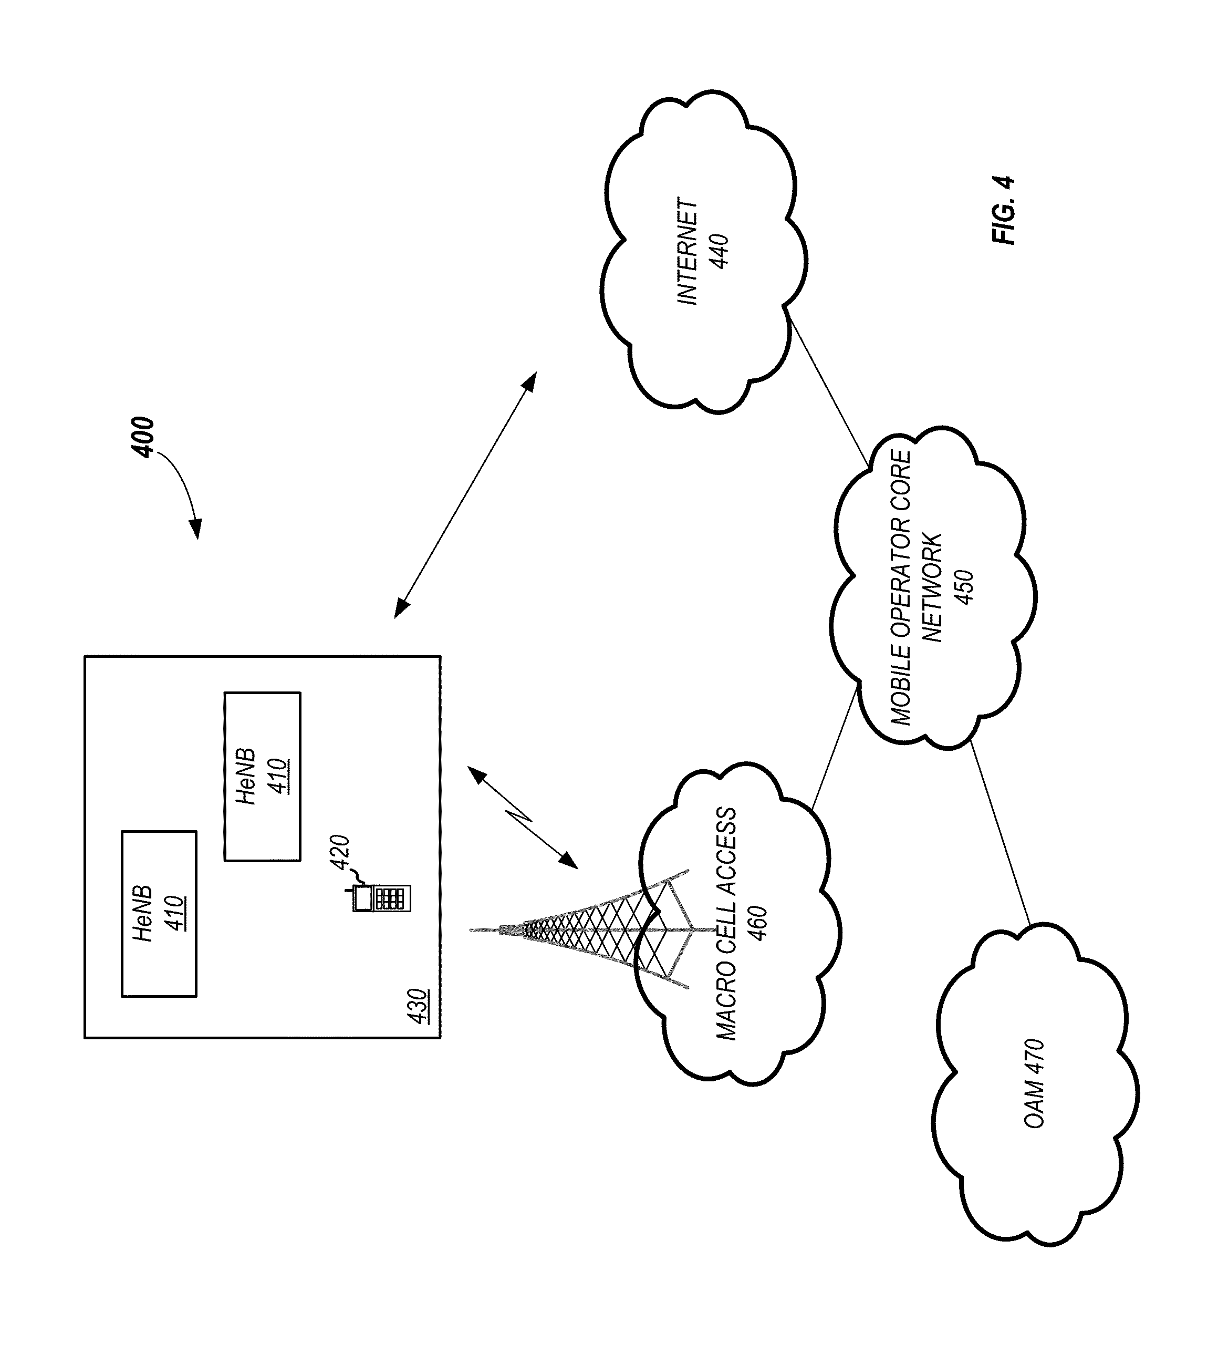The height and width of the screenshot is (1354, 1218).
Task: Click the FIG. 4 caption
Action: pyautogui.click(x=1004, y=210)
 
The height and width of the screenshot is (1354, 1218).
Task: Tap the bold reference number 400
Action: pyautogui.click(x=143, y=438)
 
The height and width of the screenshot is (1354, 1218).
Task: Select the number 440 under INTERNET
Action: pyautogui.click(x=720, y=252)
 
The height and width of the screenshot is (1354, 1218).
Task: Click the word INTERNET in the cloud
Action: pyautogui.click(x=688, y=252)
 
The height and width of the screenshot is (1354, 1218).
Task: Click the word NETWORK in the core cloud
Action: pyautogui.click(x=932, y=587)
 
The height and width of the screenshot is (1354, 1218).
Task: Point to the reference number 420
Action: pyautogui.click(x=340, y=851)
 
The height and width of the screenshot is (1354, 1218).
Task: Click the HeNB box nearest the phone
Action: pyautogui.click(x=262, y=777)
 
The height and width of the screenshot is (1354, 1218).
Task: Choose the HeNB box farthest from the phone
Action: pyautogui.click(x=159, y=914)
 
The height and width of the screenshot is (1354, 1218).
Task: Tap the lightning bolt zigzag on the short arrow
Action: pyautogui.click(x=522, y=814)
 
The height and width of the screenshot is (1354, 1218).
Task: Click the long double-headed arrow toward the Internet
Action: pyautogui.click(x=465, y=495)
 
